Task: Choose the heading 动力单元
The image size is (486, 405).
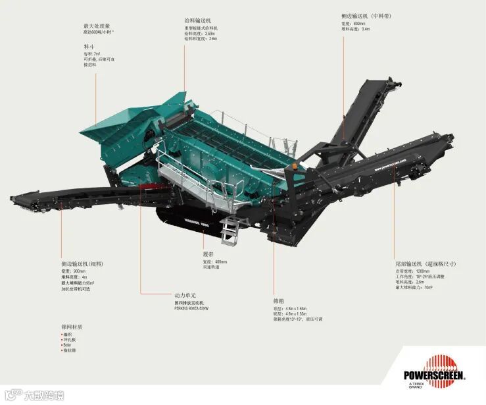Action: (185, 296)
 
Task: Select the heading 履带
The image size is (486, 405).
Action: (208, 254)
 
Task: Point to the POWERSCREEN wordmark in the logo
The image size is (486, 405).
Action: (434, 376)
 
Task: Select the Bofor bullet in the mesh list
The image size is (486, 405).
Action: (67, 344)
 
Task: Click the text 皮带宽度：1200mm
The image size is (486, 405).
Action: (412, 271)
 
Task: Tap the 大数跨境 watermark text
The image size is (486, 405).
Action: (43, 396)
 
